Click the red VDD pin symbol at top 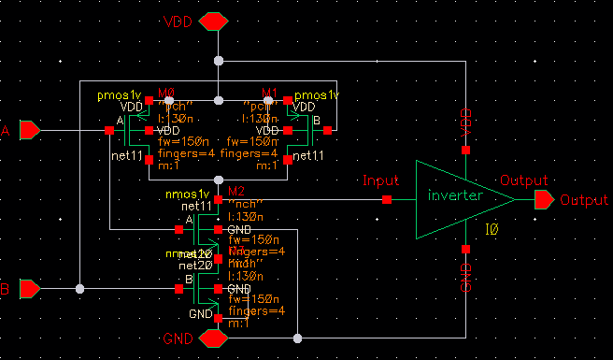coord(217,21)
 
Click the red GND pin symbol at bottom coord(217,337)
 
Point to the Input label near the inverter coord(380,180)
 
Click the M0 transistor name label coord(167,93)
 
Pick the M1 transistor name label coord(271,93)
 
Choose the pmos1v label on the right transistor coord(317,95)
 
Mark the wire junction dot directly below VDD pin coord(218,62)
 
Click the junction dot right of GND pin coord(296,337)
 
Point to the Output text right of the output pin coord(583,200)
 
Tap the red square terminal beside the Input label coord(387,199)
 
